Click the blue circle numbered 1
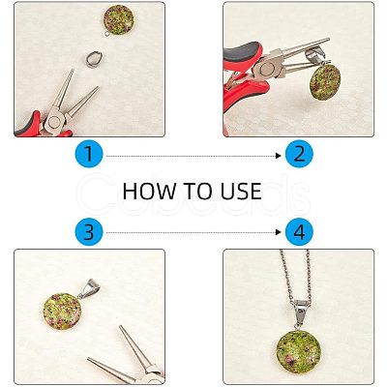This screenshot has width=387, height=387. point(89,154)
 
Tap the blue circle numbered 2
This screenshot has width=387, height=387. point(299,154)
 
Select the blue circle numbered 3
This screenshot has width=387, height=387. point(89,232)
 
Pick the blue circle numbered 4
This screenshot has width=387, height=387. point(299,232)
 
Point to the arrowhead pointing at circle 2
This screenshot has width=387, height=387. point(279,156)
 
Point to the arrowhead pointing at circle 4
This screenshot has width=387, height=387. point(279,232)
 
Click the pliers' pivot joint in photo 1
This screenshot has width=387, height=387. point(53,122)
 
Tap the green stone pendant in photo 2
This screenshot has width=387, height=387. point(325,82)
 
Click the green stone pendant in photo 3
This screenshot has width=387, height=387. point(62,312)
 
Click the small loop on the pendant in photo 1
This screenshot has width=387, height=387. point(107,33)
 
